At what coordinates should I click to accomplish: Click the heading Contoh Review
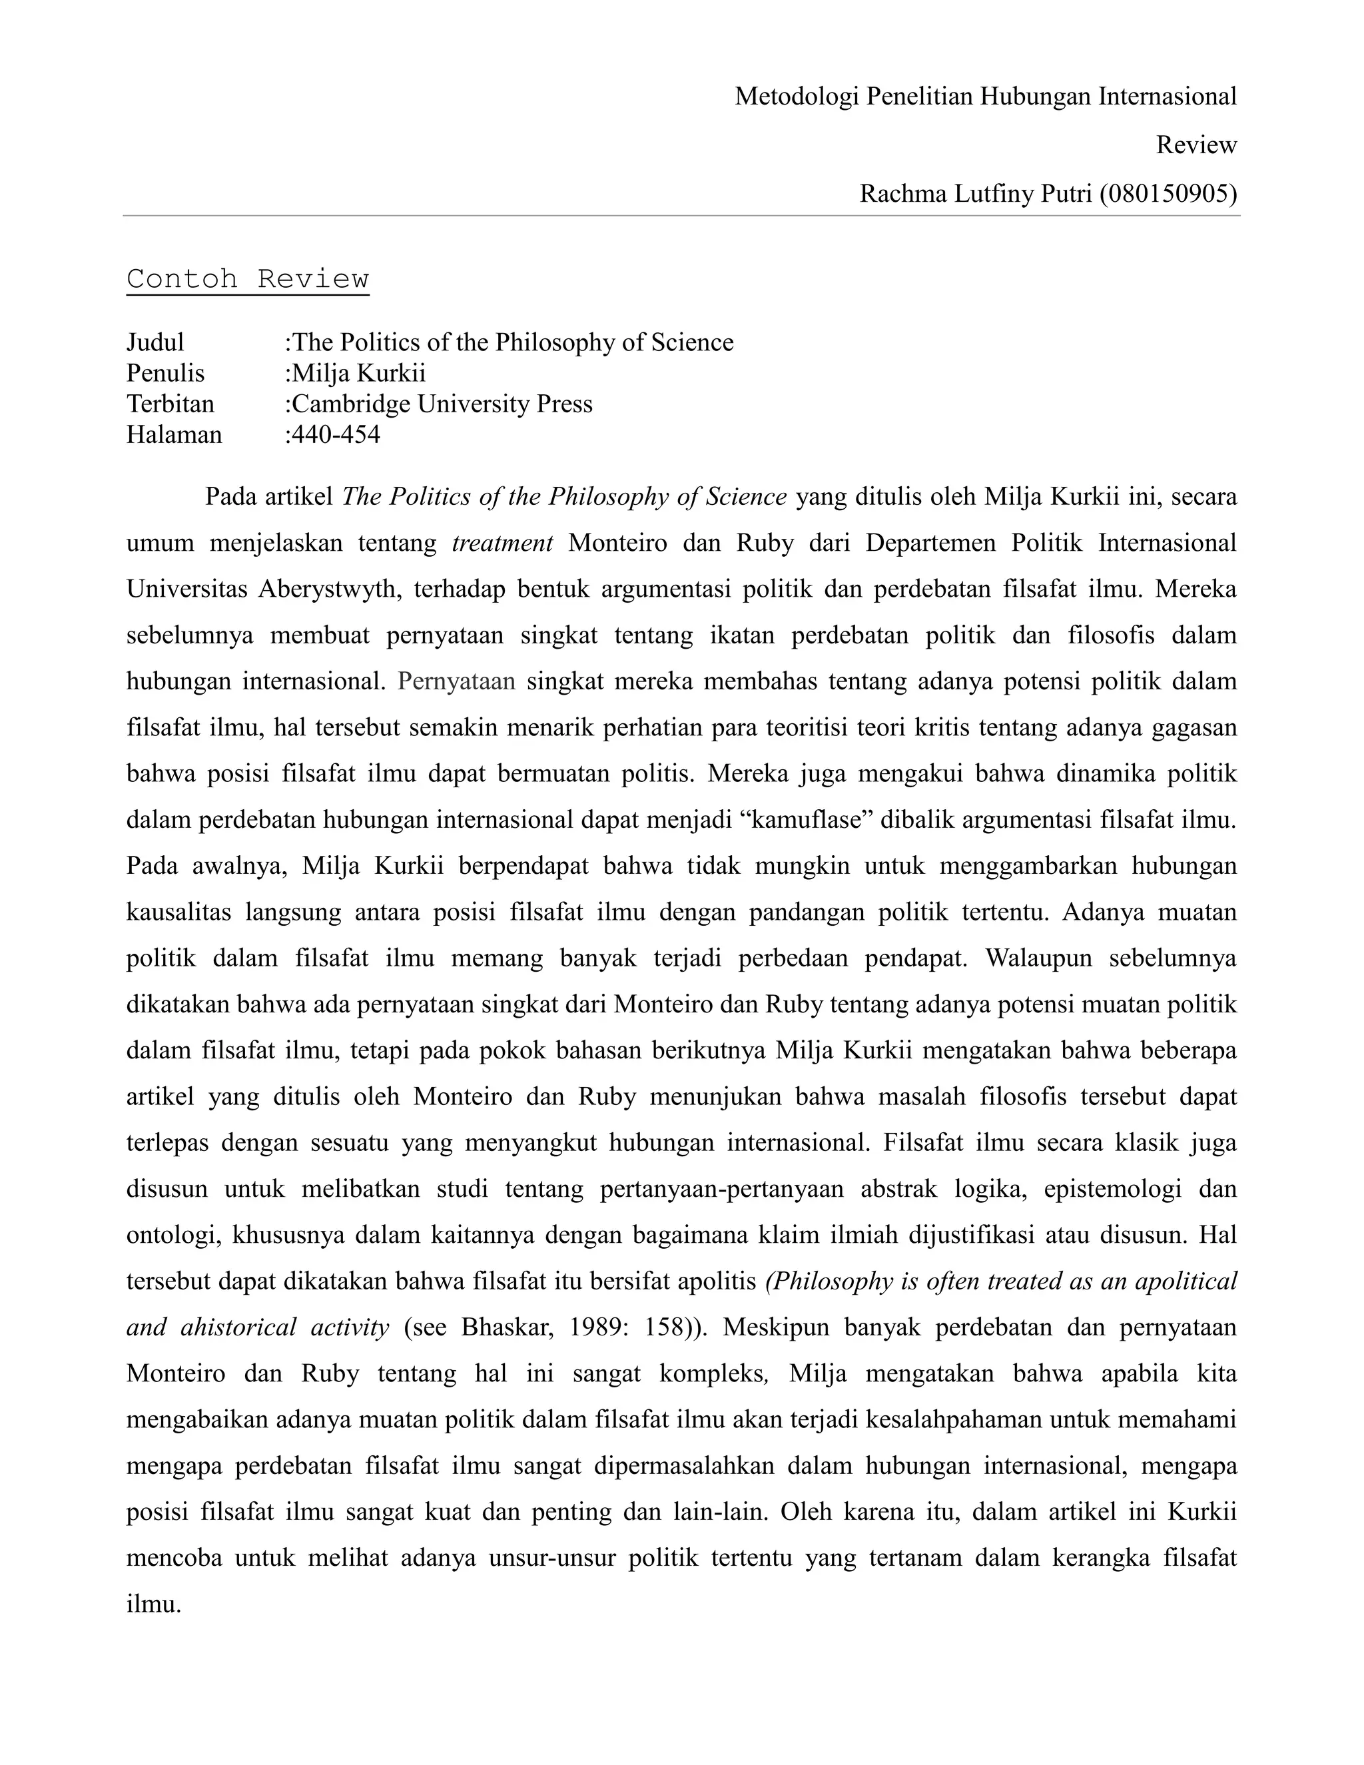(x=247, y=279)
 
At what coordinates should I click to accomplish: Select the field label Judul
(x=155, y=342)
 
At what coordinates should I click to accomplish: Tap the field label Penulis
(x=166, y=374)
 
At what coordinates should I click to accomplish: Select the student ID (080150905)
(x=1168, y=194)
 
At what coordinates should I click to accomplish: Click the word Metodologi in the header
(x=796, y=97)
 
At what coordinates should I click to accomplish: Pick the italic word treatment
(x=502, y=542)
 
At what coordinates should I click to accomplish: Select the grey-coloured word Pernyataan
(x=456, y=681)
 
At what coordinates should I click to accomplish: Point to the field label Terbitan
(x=170, y=404)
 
